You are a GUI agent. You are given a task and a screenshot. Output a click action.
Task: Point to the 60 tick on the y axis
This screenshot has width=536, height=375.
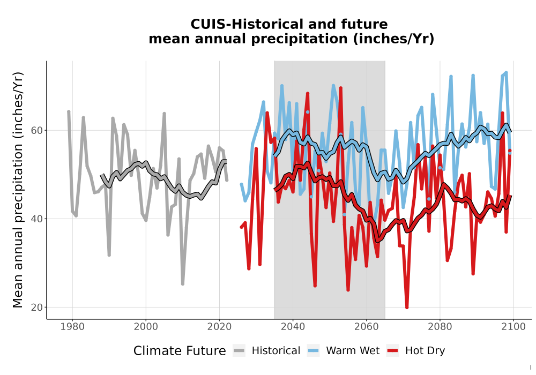point(37,131)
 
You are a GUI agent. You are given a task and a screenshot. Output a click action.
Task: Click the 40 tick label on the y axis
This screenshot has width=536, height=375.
point(37,219)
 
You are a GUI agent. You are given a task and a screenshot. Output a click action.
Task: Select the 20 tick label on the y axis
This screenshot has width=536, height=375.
point(37,307)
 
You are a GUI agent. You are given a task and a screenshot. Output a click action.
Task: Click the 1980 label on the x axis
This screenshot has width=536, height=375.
point(72,327)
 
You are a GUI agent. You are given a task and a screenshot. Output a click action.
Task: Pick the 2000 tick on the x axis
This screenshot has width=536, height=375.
point(146,327)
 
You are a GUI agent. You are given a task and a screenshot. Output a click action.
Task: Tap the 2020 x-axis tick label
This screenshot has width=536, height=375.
point(219,327)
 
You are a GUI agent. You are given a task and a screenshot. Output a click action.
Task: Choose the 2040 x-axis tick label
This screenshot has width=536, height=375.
point(293,327)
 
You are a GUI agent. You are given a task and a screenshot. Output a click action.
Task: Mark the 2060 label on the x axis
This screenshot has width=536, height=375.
point(367,327)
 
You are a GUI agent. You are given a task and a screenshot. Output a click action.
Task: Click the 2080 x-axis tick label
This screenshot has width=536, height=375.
point(440,327)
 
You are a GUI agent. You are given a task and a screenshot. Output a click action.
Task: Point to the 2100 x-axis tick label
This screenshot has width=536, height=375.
point(513,327)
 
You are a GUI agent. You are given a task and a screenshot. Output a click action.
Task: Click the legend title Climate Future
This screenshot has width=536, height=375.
point(180,351)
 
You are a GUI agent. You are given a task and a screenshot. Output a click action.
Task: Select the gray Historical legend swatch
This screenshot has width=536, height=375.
point(239,351)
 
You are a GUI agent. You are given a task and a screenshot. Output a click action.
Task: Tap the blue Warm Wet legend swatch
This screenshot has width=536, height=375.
point(313,351)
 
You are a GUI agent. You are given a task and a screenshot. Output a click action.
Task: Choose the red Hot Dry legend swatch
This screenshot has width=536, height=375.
point(392,351)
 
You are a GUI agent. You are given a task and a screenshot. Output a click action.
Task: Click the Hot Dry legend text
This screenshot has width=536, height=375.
point(425,351)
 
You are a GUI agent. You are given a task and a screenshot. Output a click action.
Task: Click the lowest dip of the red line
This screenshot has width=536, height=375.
point(407,307)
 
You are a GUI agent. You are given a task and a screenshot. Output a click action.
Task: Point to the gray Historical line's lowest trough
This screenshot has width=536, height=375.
point(183,284)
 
